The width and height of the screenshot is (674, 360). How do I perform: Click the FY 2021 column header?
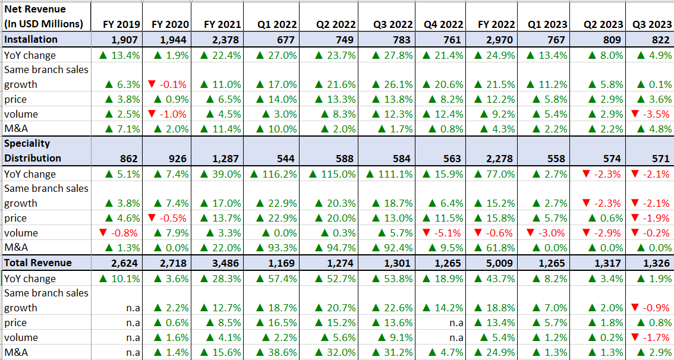[x=222, y=24]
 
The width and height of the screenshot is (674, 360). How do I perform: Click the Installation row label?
[x=31, y=39]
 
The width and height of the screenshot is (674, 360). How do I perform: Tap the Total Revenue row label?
[x=38, y=263]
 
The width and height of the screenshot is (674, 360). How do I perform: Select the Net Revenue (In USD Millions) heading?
[x=43, y=17]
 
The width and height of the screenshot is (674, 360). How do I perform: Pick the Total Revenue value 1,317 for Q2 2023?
[x=609, y=263]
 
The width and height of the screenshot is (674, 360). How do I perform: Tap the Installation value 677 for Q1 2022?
[x=285, y=40]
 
